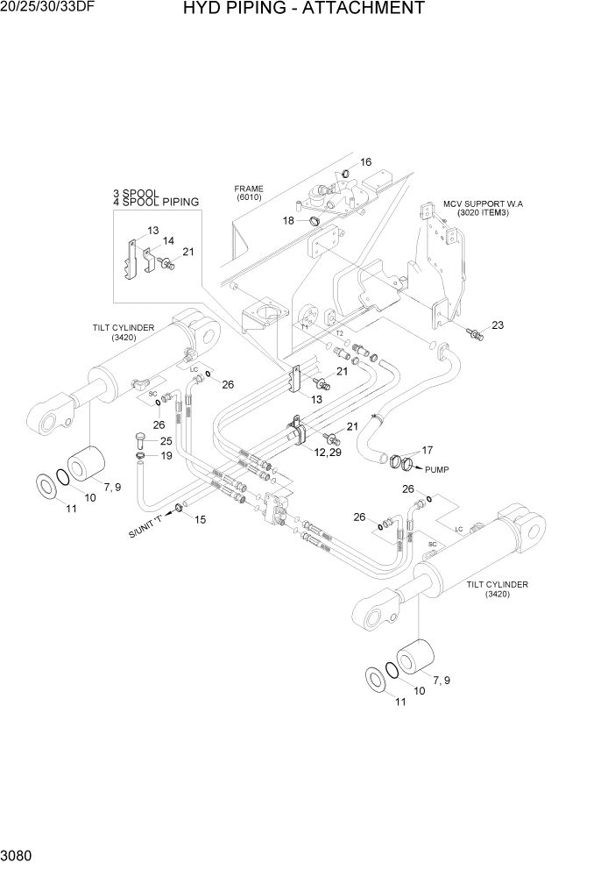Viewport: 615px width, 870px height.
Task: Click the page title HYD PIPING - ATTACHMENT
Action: [x=304, y=10]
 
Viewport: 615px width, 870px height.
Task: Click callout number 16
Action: [x=366, y=162]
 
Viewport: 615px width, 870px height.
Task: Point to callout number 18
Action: [x=288, y=220]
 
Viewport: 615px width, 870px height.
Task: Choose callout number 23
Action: [x=498, y=326]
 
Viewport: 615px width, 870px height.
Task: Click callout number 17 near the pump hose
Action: [x=427, y=450]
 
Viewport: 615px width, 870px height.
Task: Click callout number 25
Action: [x=166, y=440]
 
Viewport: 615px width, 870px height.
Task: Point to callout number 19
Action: [x=166, y=456]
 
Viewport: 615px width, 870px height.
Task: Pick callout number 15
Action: [x=200, y=519]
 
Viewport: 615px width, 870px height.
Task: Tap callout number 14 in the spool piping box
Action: [x=168, y=240]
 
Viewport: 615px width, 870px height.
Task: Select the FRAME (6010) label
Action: [x=248, y=193]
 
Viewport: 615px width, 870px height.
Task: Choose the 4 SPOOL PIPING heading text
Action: [x=155, y=203]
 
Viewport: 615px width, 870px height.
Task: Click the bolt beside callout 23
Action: [x=473, y=332]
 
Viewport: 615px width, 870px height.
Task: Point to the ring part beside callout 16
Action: [x=346, y=171]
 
